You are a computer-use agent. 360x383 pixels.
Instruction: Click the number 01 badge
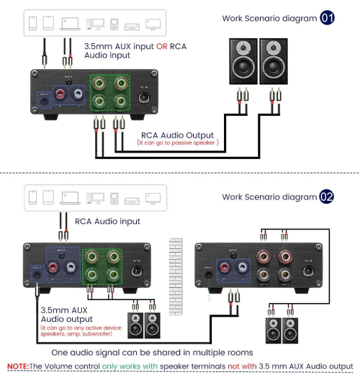(x=328, y=17)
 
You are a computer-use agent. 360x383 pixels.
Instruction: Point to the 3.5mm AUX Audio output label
(x=68, y=313)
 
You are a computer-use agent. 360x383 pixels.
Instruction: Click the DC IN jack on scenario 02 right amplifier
(x=308, y=270)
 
